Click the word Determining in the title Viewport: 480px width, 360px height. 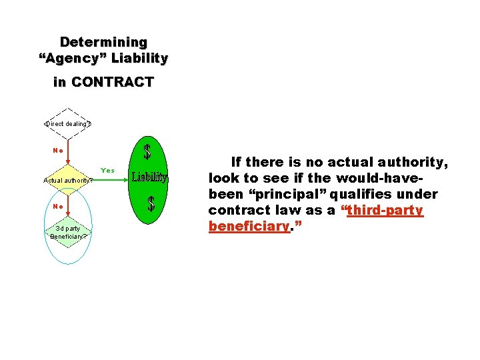[x=103, y=42]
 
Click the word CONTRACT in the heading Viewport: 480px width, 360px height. [x=113, y=83]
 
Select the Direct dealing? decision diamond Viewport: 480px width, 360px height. [x=67, y=123]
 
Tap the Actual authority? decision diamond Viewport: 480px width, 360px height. [x=67, y=180]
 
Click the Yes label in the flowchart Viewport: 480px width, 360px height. [x=107, y=171]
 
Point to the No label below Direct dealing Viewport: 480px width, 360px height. [x=58, y=150]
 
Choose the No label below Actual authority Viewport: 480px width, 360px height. [x=58, y=207]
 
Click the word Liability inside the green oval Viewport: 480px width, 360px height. [x=149, y=177]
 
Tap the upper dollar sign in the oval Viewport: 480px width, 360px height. [x=147, y=151]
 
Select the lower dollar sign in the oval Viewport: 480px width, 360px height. [x=151, y=204]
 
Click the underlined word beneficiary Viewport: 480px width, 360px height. [x=249, y=226]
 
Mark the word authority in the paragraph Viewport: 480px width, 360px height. [x=417, y=162]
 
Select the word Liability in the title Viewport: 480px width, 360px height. [x=139, y=58]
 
